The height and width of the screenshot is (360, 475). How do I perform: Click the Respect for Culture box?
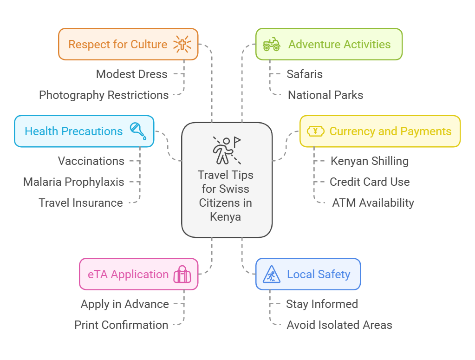128,45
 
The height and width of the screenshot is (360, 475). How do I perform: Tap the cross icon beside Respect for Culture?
182,44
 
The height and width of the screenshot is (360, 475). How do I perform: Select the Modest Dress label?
131,74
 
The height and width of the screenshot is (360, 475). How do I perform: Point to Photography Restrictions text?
104,95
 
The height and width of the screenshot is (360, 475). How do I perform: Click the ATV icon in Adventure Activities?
272,45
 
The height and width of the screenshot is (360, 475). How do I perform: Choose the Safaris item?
305,74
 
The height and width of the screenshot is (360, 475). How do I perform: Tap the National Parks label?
325,95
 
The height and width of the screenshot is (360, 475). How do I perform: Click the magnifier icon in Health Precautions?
138,131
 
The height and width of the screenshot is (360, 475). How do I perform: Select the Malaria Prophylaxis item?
74,182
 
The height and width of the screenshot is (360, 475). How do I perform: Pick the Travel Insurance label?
81,203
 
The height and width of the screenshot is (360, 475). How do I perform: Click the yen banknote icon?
316,131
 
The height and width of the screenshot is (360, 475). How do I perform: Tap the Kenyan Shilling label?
370,161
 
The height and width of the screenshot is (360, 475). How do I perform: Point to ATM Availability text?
373,203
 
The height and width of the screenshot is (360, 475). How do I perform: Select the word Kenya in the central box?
225,216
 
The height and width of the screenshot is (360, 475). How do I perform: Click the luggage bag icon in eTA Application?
182,275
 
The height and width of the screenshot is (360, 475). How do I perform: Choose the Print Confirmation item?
121,325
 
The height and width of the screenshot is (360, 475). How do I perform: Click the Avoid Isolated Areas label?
339,325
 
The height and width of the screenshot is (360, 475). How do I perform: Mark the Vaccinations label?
91,161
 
